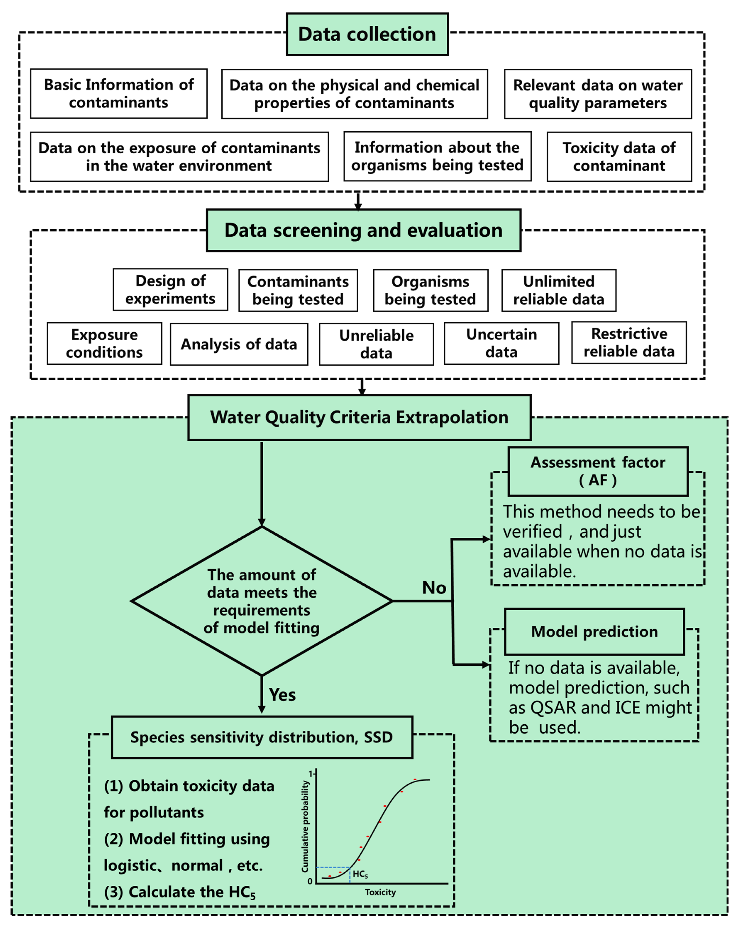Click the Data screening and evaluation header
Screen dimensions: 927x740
point(364,230)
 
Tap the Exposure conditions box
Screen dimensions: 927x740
point(104,344)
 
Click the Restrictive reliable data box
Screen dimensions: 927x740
point(629,343)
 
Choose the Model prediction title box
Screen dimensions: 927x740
point(594,632)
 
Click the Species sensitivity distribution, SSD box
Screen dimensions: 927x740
point(262,737)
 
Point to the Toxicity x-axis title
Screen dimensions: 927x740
point(380,892)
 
